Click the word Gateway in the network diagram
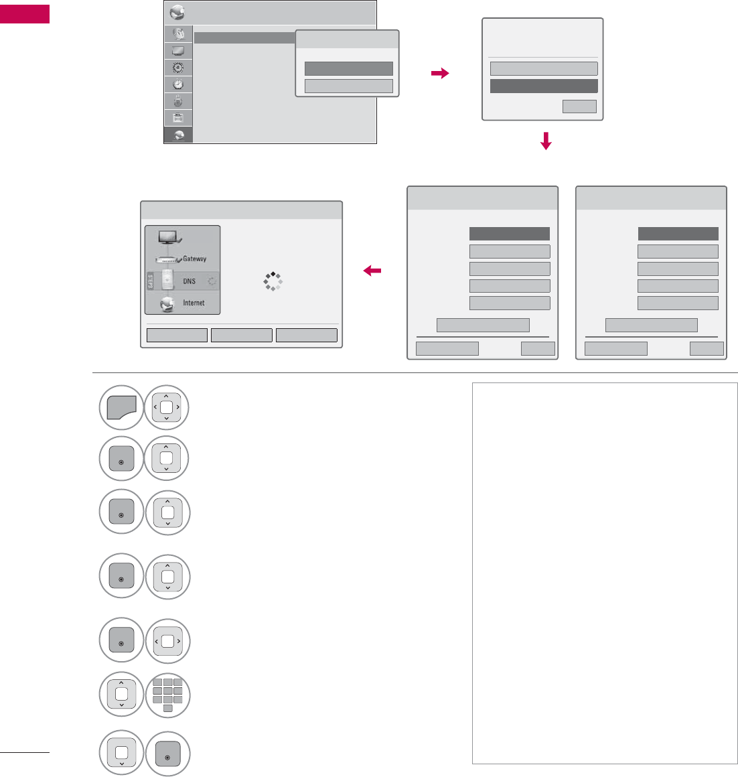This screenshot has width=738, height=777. tap(194, 259)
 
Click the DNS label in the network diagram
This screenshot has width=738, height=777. tap(190, 281)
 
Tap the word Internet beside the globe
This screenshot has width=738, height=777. tap(194, 303)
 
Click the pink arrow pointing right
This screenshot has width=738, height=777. tap(440, 74)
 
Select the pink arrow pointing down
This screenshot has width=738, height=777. tap(546, 141)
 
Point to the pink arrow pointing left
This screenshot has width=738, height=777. tap(372, 271)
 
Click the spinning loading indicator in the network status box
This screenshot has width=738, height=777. tap(273, 281)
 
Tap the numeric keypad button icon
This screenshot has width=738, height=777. tap(167, 695)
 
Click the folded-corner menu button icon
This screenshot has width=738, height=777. tap(121, 406)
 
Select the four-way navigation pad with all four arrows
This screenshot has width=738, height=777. tap(167, 406)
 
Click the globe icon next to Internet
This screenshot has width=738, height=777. tap(167, 305)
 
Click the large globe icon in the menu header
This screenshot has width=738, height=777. tap(177, 13)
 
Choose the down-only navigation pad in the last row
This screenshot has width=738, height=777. tap(121, 753)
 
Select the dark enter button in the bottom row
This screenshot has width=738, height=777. tap(167, 754)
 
